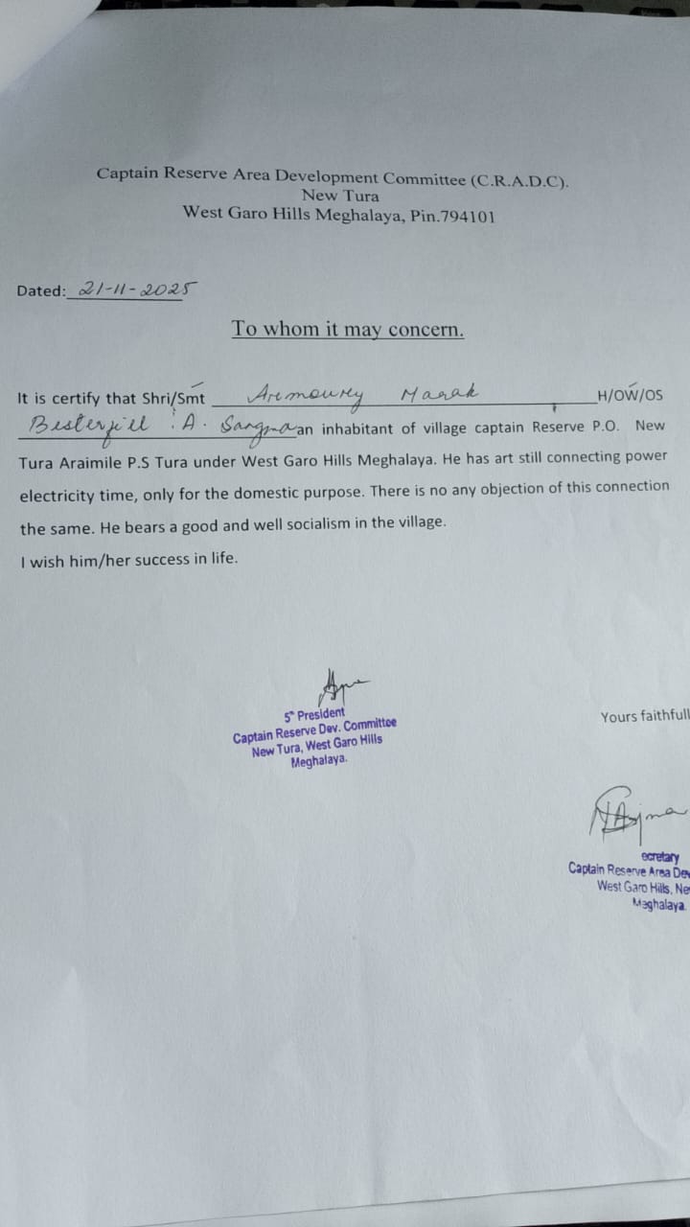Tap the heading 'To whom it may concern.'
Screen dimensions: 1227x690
pyautogui.click(x=348, y=329)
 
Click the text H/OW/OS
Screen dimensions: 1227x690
pyautogui.click(x=630, y=394)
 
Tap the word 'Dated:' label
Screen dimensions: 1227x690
pyautogui.click(x=41, y=290)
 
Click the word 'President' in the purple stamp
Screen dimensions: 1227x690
pyautogui.click(x=320, y=714)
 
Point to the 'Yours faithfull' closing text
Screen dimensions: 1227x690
pyautogui.click(x=644, y=716)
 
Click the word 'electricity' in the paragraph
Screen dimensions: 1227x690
pyautogui.click(x=57, y=496)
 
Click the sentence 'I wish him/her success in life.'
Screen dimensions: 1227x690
pyautogui.click(x=127, y=561)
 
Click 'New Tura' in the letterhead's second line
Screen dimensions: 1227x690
pyautogui.click(x=340, y=196)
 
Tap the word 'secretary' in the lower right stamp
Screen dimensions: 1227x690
pyautogui.click(x=660, y=856)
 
